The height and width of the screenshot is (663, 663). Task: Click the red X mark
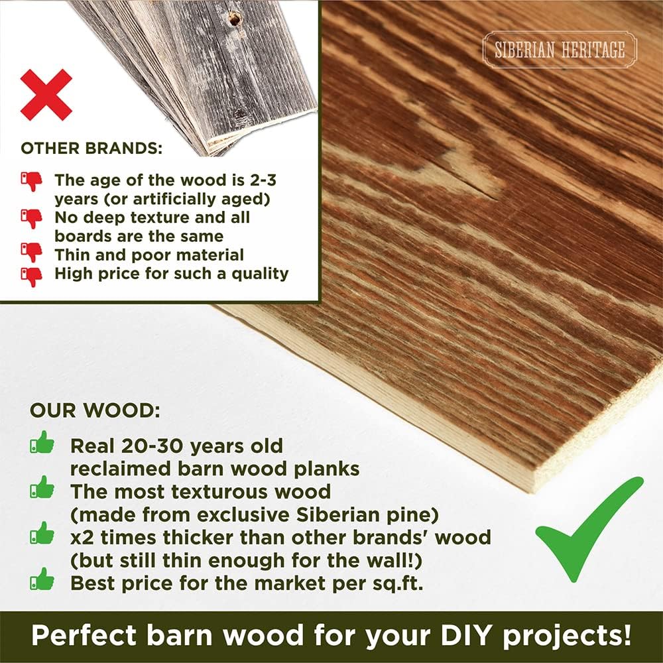(46, 95)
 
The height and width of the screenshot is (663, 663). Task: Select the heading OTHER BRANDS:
(91, 148)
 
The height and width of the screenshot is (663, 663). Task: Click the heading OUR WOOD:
(94, 410)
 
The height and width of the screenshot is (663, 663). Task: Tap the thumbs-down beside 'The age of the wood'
(31, 180)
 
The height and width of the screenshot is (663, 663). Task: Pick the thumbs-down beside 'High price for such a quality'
(31, 274)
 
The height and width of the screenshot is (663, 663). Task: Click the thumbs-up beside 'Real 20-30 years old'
(42, 443)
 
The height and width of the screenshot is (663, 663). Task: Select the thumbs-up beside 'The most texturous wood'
(42, 489)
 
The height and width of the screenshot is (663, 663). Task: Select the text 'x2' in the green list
(83, 536)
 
